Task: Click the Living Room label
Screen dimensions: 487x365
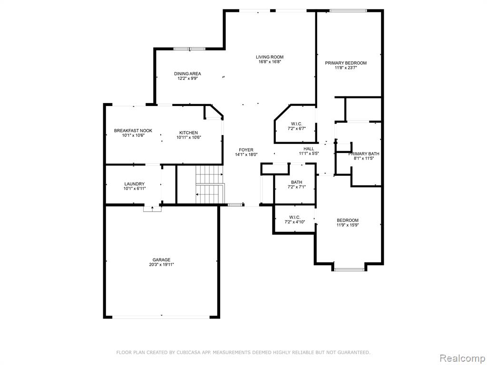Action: (x=270, y=57)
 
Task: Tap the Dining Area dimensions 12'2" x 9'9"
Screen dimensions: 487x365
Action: (x=187, y=78)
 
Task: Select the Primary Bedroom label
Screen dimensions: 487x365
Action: (x=346, y=63)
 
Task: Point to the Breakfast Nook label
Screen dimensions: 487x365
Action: (x=133, y=131)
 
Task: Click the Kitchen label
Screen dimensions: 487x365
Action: (x=188, y=133)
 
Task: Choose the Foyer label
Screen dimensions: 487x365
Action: (x=246, y=150)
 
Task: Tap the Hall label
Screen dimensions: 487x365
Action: (x=309, y=149)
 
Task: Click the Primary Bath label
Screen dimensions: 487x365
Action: (x=364, y=154)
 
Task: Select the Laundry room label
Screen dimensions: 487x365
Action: (x=135, y=184)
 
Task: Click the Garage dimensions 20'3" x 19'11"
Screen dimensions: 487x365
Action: (x=161, y=265)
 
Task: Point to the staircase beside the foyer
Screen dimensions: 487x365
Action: (x=210, y=184)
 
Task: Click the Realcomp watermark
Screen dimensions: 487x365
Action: (x=462, y=358)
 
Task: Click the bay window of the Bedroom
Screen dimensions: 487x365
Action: (x=349, y=269)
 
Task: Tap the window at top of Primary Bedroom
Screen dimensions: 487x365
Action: (x=348, y=10)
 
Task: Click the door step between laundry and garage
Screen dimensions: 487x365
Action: (x=153, y=209)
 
